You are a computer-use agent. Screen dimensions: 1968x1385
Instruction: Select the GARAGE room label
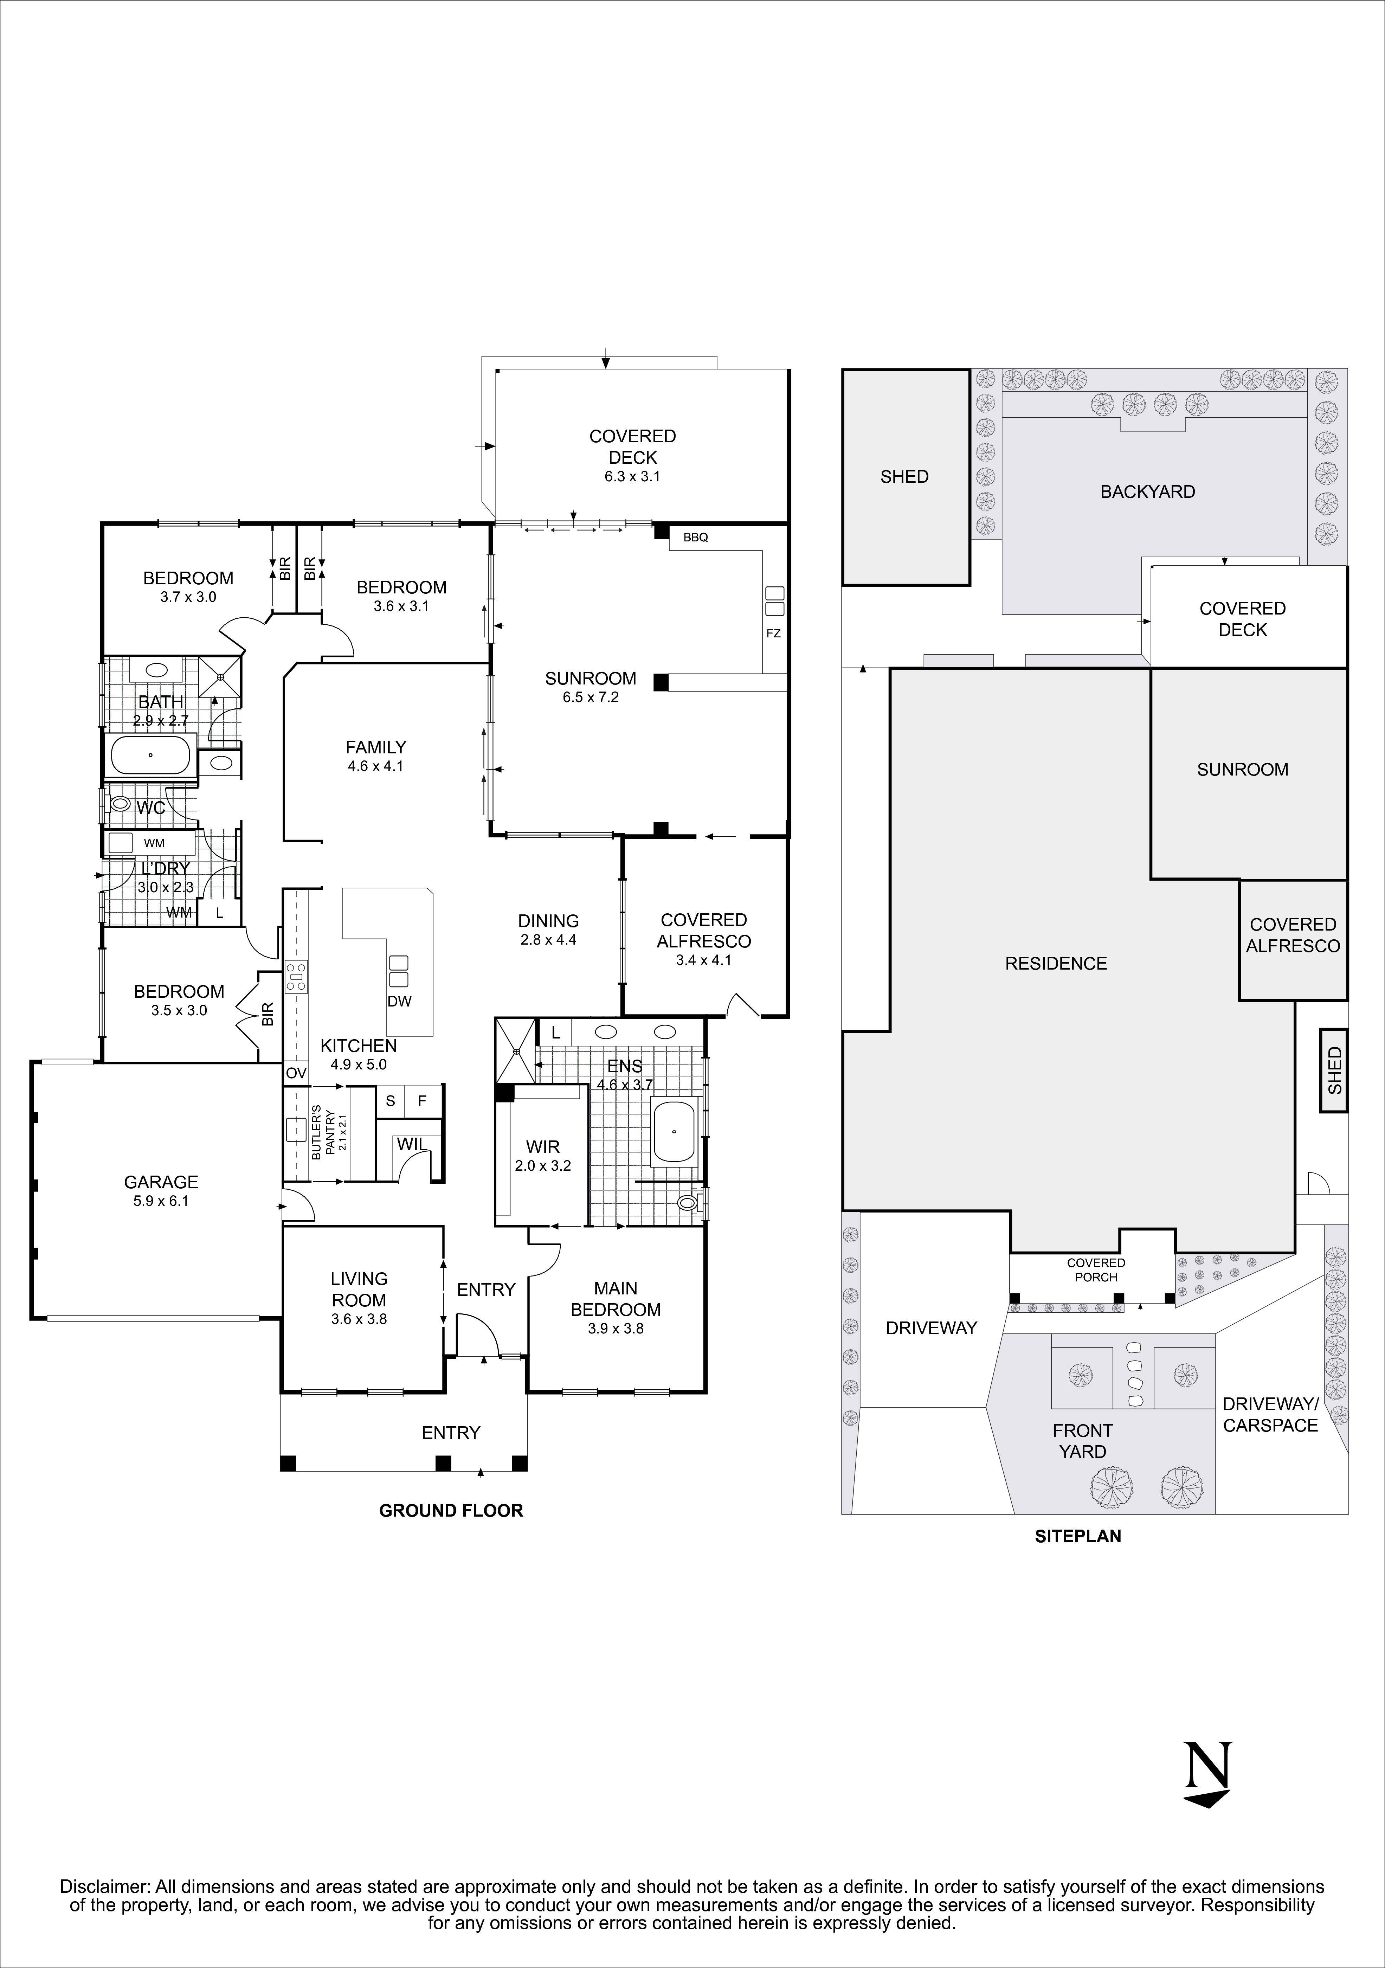click(x=161, y=1182)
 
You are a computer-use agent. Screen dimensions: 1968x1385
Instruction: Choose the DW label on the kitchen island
click(x=399, y=1001)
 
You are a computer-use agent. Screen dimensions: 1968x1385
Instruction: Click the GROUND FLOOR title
click(x=451, y=1510)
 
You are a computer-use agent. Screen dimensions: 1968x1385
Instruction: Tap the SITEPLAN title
click(x=1077, y=1536)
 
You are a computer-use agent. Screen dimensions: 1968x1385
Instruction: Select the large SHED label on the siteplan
click(x=904, y=477)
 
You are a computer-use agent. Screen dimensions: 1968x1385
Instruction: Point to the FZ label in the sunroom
click(x=773, y=634)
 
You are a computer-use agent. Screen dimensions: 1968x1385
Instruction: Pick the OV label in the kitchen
click(x=296, y=1072)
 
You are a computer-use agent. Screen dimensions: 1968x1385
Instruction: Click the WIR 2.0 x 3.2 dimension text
click(x=542, y=1166)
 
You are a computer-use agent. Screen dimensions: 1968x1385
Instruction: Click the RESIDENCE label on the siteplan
click(x=1056, y=963)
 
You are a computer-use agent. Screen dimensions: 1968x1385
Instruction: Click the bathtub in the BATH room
click(x=151, y=755)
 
